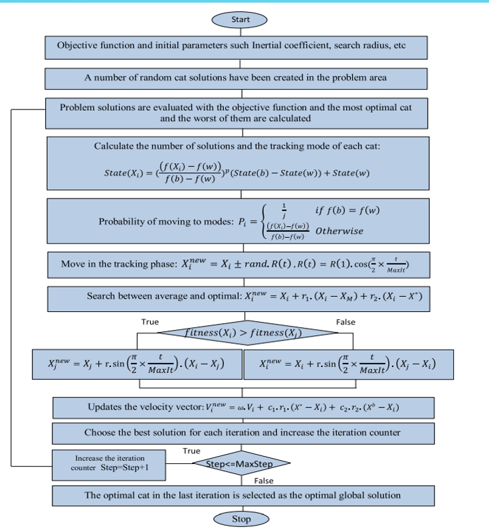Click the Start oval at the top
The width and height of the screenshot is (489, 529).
pyautogui.click(x=240, y=20)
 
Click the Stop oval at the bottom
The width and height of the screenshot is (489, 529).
pyautogui.click(x=240, y=518)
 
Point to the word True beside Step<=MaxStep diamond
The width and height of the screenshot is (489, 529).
pyautogui.click(x=191, y=451)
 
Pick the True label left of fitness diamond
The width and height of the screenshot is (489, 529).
pyautogui.click(x=150, y=322)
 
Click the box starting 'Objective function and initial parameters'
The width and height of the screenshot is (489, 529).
pyautogui.click(x=240, y=46)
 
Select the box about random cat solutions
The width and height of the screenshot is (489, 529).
pyautogui.click(x=240, y=78)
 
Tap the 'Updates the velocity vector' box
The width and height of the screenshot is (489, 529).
pyautogui.click(x=240, y=407)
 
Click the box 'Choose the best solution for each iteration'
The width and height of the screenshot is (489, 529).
pyautogui.click(x=240, y=432)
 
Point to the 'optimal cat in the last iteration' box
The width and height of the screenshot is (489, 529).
pyautogui.click(x=240, y=494)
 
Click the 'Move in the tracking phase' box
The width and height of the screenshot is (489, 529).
pyautogui.click(x=240, y=265)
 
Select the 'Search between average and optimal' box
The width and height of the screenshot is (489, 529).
pyautogui.click(x=240, y=297)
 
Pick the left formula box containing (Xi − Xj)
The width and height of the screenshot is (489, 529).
pyautogui.click(x=136, y=364)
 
